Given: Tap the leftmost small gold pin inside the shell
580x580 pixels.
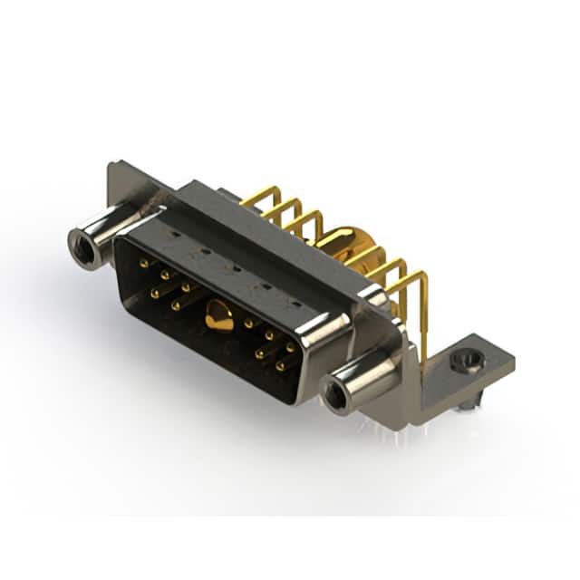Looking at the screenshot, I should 143,262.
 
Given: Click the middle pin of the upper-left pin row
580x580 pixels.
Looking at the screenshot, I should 165,273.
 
